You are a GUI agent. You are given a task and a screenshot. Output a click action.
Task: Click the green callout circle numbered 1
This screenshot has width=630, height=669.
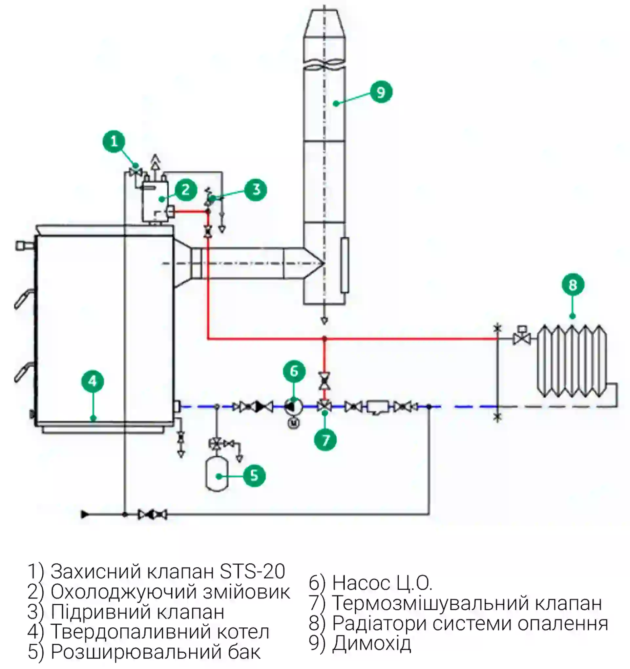point(114,141)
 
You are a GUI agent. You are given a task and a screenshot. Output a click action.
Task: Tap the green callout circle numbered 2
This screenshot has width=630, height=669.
point(185,190)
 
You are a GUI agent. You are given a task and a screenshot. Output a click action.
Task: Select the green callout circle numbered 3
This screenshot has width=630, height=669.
point(256,190)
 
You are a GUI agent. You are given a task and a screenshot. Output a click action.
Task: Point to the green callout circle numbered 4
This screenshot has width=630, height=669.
point(93,381)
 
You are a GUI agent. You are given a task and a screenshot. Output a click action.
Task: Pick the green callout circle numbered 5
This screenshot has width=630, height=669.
point(254,476)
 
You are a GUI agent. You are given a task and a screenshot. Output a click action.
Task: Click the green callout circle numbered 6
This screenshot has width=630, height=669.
point(294,371)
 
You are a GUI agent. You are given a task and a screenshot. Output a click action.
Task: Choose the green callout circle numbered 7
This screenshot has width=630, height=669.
point(325,440)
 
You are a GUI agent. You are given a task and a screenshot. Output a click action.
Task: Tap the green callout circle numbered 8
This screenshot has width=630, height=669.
point(573,285)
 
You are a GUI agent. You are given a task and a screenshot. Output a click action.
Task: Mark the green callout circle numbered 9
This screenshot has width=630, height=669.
point(381,92)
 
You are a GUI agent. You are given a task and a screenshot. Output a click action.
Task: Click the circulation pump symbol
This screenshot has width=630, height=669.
point(293,407)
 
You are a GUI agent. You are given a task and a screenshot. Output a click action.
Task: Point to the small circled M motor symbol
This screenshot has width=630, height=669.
point(293,423)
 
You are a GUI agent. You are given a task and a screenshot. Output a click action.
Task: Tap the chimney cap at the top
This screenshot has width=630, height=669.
point(324,24)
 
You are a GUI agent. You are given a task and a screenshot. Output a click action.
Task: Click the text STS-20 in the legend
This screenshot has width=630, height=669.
point(252,572)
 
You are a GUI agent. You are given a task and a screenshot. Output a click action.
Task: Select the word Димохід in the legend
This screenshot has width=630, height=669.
point(371,644)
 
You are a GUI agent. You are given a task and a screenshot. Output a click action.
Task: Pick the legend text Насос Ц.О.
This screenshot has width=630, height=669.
point(382,583)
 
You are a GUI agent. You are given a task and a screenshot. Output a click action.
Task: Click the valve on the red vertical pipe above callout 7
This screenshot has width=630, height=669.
point(325,381)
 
